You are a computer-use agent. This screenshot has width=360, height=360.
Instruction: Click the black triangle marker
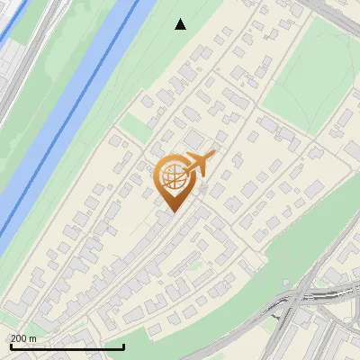pyautogui.click(x=181, y=24)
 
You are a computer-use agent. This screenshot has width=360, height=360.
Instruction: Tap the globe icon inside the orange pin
pyautogui.click(x=173, y=176)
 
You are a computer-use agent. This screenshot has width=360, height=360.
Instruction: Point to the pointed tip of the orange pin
pyautogui.click(x=172, y=211)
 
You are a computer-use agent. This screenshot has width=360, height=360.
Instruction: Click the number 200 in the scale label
pyautogui.click(x=18, y=338)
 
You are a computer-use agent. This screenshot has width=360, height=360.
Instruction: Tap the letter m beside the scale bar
pyautogui.click(x=32, y=338)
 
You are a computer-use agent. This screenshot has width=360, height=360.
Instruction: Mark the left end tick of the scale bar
pyautogui.click(x=12, y=346)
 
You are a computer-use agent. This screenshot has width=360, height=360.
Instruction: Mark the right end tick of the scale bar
pyautogui.click(x=123, y=346)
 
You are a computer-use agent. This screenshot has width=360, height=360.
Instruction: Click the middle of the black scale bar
pyautogui.click(x=67, y=347)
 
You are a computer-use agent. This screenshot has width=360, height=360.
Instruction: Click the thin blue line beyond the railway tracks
pyautogui.click(x=12, y=27)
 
